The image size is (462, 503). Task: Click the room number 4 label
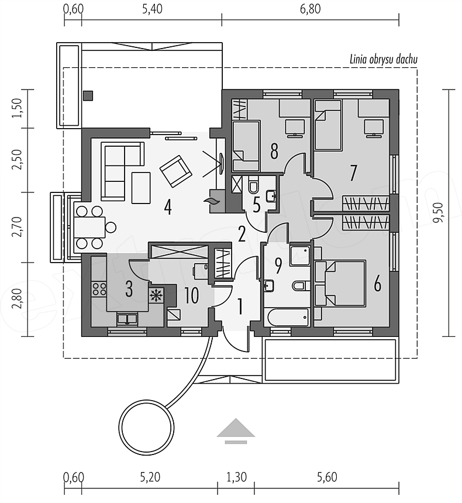point(168,208)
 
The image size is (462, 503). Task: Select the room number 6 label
point(377,284)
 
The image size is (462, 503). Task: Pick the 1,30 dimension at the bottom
point(236,477)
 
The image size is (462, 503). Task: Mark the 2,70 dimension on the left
point(17,226)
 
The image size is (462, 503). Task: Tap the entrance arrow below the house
point(236,429)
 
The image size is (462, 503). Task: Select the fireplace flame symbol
point(211,202)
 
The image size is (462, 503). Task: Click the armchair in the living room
point(175,170)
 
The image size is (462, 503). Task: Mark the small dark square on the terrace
point(88,95)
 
